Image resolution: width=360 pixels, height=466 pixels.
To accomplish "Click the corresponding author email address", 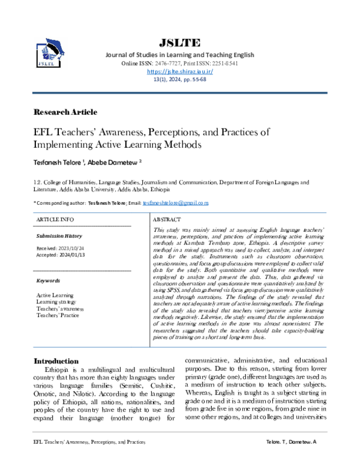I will point(175,204).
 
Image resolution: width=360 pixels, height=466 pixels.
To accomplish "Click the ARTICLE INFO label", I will point(56,220).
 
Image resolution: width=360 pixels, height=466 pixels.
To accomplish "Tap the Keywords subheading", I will point(48,280).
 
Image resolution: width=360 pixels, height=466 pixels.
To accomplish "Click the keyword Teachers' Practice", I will point(58,315).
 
